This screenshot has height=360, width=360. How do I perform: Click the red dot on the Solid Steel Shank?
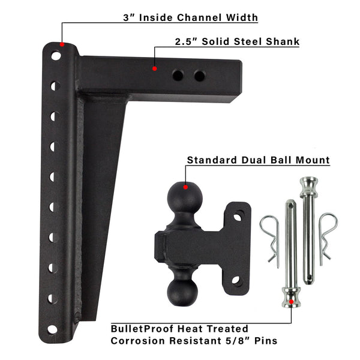tap(155, 68)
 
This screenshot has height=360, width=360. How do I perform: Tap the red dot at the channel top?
tap(62, 44)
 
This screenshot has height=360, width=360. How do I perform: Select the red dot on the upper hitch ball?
tap(185, 187)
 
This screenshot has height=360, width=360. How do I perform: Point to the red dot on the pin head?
tap(291, 301)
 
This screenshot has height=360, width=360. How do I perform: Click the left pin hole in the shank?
tap(178, 76)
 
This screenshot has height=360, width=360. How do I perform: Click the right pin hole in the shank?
tap(200, 76)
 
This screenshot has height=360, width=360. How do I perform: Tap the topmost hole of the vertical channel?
tap(56, 56)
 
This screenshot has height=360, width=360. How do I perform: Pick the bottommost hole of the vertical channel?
tap(52, 329)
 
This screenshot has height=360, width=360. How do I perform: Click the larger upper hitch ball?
tap(185, 197)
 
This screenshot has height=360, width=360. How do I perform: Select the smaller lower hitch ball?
tap(182, 292)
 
